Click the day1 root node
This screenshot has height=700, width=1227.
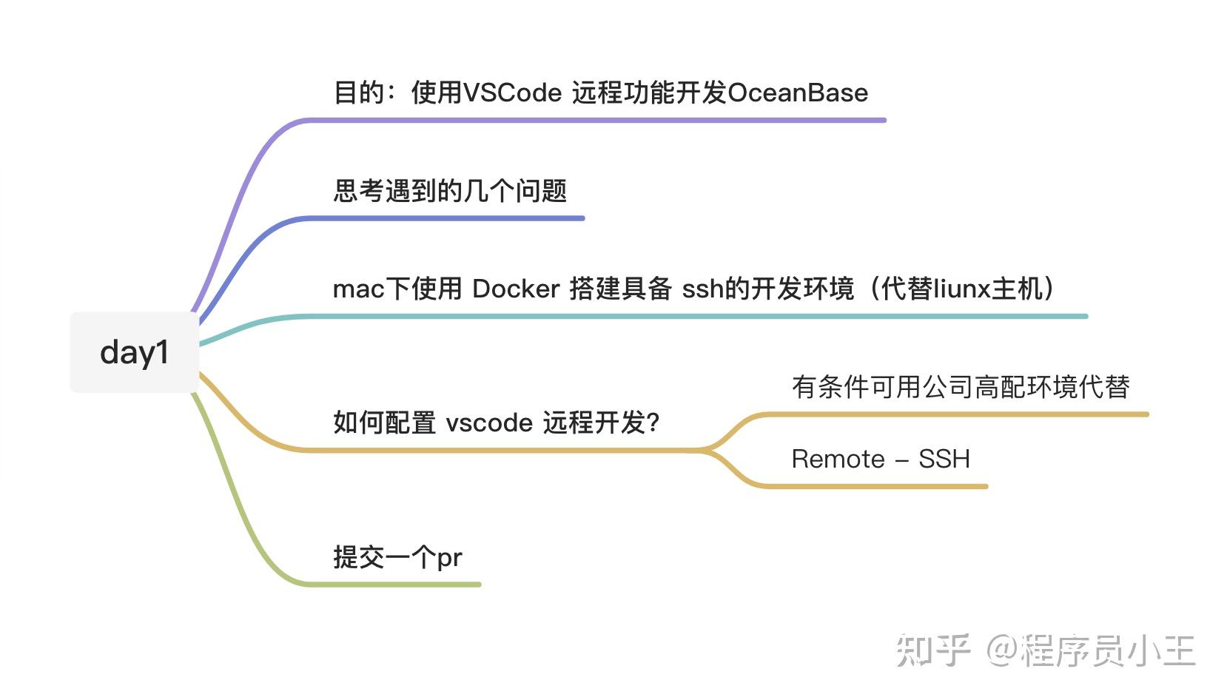pyautogui.click(x=135, y=352)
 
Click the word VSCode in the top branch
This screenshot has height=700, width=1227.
pyautogui.click(x=513, y=92)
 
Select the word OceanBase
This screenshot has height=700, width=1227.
pyautogui.click(x=798, y=92)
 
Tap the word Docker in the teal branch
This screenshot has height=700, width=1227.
pyautogui.click(x=516, y=289)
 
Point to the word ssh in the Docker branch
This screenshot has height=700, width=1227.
pyautogui.click(x=703, y=289)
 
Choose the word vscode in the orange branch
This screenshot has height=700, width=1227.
pyautogui.click(x=490, y=423)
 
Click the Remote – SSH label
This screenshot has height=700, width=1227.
pyautogui.click(x=881, y=459)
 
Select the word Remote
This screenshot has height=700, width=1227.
pyautogui.click(x=838, y=459)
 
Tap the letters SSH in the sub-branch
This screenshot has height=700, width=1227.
pyautogui.click(x=944, y=459)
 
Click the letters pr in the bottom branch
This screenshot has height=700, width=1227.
pyautogui.click(x=450, y=559)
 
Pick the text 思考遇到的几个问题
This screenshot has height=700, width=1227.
pyautogui.click(x=450, y=191)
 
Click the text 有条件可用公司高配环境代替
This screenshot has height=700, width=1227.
pyautogui.click(x=961, y=387)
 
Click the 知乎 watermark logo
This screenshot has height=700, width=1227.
pyautogui.click(x=933, y=650)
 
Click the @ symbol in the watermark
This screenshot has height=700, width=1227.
pyautogui.click(x=1002, y=650)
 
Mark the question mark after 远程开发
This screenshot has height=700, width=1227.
pyautogui.click(x=653, y=423)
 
